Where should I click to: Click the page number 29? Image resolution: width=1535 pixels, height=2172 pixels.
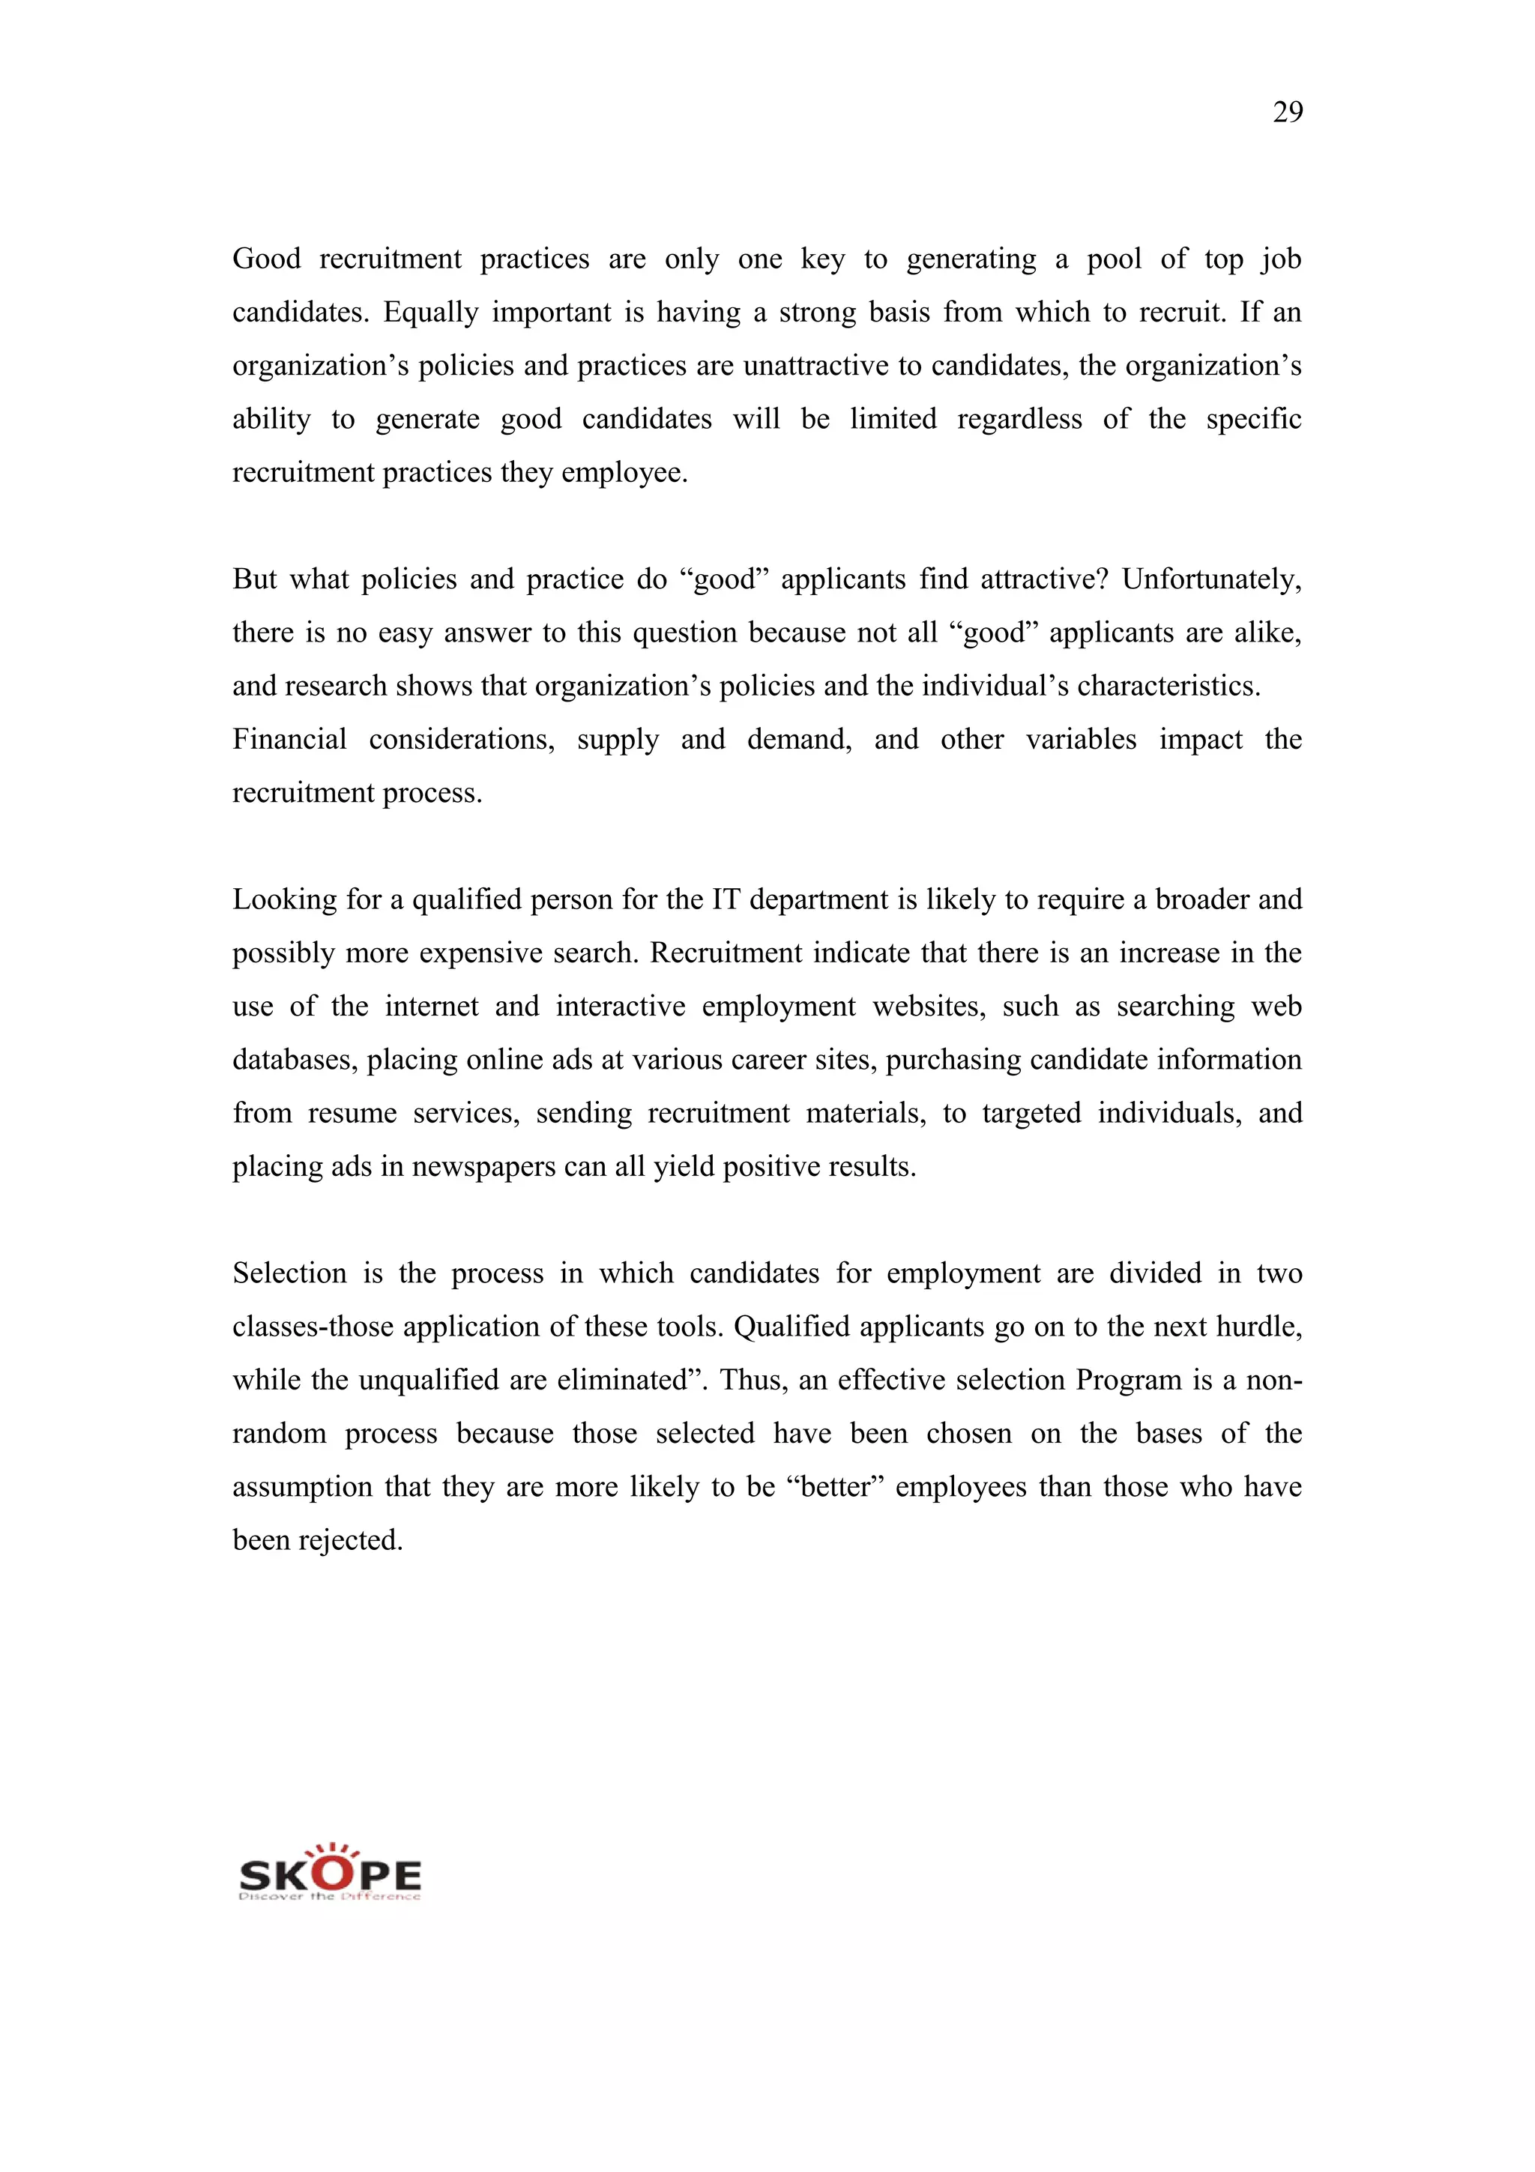1287,112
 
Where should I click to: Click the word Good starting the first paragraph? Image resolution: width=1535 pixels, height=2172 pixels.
266,259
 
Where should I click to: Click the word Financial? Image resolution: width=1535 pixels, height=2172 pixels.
289,739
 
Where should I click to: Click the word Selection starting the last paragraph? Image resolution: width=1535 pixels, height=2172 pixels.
289,1273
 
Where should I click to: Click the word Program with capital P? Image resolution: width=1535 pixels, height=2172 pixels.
1128,1381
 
